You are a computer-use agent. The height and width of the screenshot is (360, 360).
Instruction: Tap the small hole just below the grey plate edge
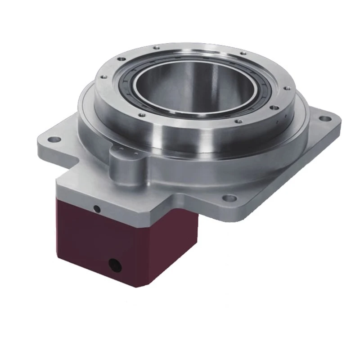pos(96,208)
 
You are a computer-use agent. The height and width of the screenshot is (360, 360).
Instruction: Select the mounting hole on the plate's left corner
pos(54,139)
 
